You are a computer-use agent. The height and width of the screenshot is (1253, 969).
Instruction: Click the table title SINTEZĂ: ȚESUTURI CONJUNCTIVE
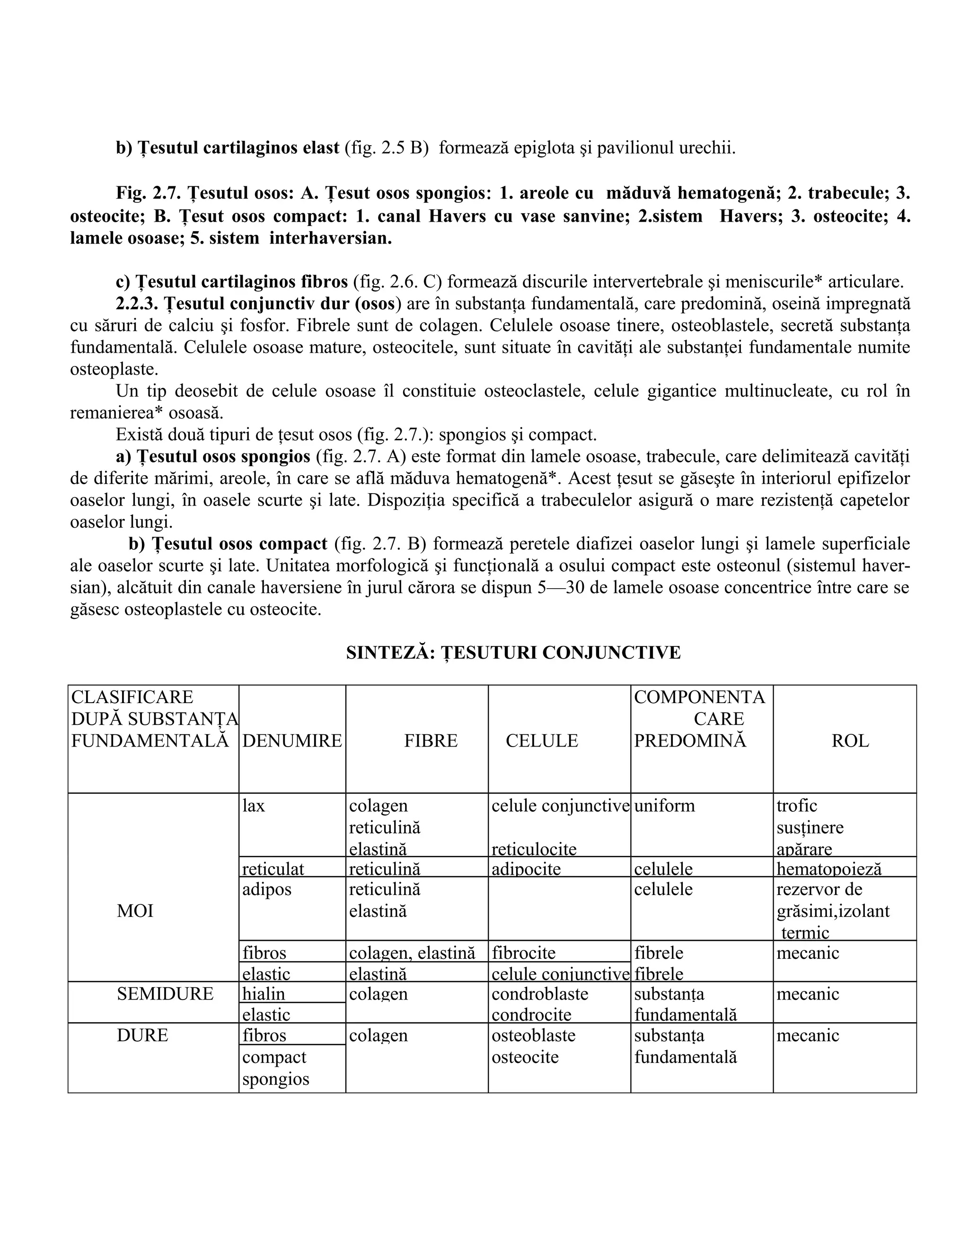513,653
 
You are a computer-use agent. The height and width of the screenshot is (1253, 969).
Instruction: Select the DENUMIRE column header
291,740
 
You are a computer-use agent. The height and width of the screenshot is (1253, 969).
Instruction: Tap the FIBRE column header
431,740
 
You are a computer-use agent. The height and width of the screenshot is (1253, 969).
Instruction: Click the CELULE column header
541,740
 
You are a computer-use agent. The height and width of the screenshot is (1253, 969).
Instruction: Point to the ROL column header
850,740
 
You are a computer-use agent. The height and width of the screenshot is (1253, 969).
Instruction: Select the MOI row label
135,911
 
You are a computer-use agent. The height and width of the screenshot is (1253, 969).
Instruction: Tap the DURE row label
142,1035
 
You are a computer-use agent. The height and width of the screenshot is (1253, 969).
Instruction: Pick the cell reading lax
253,806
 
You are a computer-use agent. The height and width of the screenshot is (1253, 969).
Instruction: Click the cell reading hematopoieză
828,869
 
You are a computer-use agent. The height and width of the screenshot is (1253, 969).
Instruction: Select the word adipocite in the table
526,869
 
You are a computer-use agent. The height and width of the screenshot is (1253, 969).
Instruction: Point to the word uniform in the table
664,806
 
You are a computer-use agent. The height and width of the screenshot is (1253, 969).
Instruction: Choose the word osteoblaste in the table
533,1035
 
